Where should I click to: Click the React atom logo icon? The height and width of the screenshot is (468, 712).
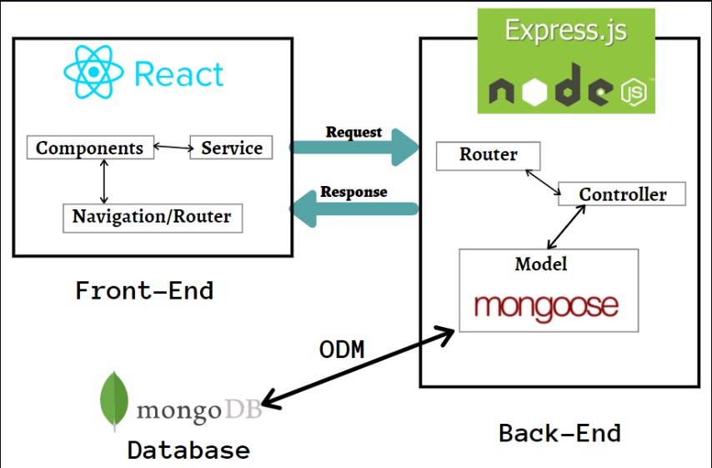click(x=94, y=73)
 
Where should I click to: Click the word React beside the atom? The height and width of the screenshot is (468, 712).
click(x=178, y=74)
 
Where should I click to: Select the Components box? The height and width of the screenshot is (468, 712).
click(x=90, y=148)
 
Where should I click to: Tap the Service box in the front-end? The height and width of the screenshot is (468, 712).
click(x=232, y=148)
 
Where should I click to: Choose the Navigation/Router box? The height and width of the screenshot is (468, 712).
click(x=152, y=217)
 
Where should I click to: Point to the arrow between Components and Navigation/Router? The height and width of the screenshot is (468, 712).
click(x=103, y=182)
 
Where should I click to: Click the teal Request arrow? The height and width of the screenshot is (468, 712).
click(x=354, y=148)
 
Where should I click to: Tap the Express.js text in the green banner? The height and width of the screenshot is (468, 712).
click(x=565, y=32)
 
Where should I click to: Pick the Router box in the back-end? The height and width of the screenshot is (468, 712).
click(x=489, y=155)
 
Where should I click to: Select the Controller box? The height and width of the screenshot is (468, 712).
click(x=622, y=194)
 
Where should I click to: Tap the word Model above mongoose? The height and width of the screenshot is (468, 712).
click(x=540, y=264)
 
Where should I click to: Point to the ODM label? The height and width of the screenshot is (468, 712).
click(x=342, y=350)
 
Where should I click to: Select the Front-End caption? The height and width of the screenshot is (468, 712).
click(x=144, y=290)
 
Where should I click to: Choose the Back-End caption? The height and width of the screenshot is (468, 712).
click(x=559, y=433)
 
